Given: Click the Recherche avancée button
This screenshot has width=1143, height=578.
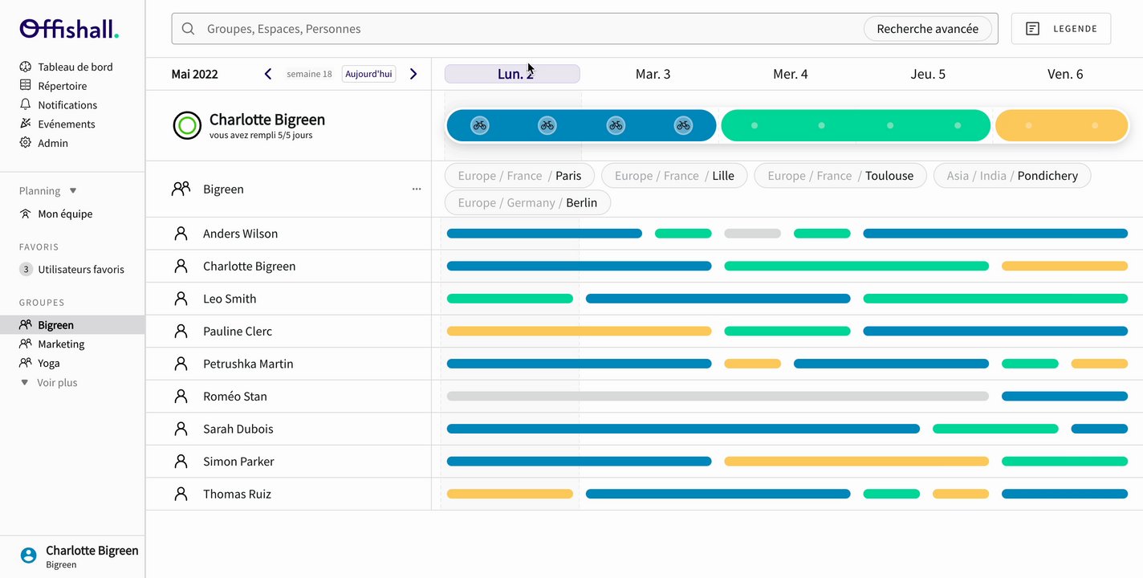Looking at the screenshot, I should point(927,29).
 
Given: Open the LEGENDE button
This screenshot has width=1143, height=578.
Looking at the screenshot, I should point(1060,29).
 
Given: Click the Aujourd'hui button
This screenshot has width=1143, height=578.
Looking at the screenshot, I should point(368,74).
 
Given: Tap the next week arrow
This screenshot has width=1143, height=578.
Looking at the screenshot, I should point(413,74).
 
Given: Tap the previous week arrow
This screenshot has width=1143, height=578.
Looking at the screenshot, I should point(268,74).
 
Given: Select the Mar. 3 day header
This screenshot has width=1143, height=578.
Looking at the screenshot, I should point(653,74).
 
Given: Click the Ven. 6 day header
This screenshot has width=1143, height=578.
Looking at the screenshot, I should point(1064,74).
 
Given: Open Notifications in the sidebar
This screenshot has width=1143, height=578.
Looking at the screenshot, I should point(67,105).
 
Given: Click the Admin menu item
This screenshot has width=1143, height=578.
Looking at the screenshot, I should point(53,143).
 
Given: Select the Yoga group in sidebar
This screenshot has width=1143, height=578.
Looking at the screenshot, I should point(49,363).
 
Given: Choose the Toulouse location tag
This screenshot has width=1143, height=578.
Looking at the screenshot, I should point(840,176).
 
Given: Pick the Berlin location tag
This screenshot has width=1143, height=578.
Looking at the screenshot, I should point(527,203).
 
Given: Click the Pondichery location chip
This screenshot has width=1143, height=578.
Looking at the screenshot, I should point(1011,176).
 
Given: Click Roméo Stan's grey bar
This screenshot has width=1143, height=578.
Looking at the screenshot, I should point(717,396).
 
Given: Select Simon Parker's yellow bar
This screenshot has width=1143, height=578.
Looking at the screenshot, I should point(856,462).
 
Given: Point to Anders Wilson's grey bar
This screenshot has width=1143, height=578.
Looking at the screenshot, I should point(752,234).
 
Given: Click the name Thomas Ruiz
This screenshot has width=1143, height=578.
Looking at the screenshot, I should point(237,494).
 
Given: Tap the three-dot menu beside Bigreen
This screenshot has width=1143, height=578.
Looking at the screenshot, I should point(416,189).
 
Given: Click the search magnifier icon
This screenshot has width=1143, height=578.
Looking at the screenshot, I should point(189,29).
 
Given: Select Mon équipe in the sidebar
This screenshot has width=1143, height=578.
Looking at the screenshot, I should point(65,214).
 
